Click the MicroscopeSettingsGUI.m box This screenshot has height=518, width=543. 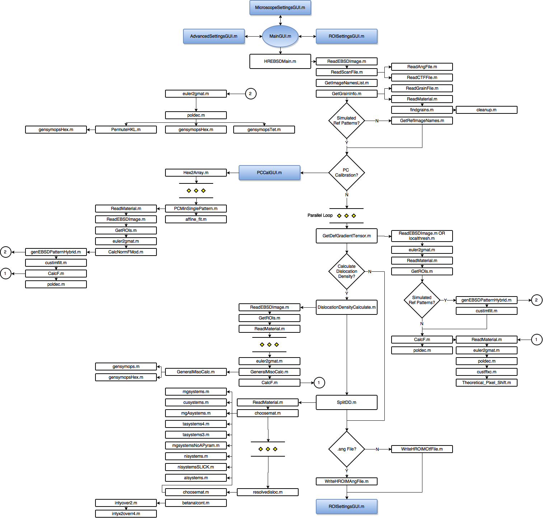(280, 8)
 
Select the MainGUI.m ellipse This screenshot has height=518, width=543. (280, 36)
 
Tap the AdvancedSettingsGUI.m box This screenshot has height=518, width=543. (214, 36)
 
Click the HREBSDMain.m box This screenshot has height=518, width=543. (280, 61)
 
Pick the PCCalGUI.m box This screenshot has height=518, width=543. (270, 173)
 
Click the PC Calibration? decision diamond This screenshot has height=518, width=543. (347, 173)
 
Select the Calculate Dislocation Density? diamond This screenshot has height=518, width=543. (347, 271)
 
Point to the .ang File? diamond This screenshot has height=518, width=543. (347, 449)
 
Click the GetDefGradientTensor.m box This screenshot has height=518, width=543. (347, 236)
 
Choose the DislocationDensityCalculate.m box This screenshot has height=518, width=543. (347, 307)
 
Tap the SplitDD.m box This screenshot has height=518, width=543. (347, 402)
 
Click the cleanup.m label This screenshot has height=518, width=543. (486, 110)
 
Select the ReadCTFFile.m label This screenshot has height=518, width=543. (422, 78)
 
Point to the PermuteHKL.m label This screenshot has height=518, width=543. (126, 130)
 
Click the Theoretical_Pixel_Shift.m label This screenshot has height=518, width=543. (486, 383)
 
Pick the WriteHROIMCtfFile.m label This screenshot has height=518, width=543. (422, 449)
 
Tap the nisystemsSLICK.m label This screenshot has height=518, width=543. (196, 467)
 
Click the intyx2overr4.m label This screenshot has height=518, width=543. (126, 514)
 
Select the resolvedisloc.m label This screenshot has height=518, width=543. (268, 492)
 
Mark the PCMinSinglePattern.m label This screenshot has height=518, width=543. (196, 209)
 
